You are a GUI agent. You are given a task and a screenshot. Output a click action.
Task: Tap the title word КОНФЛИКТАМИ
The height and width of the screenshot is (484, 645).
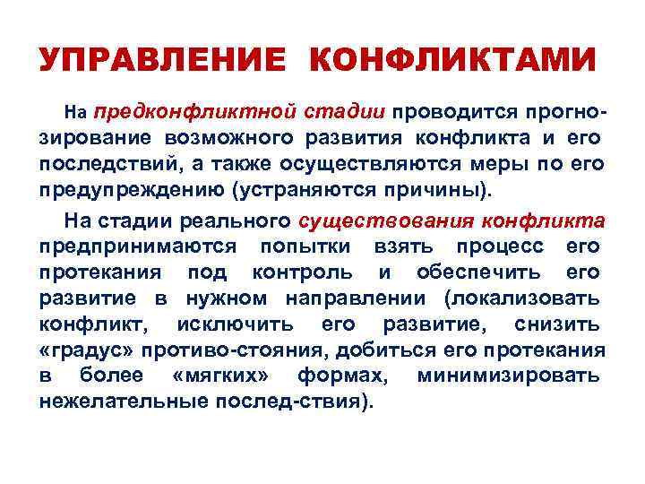(x=451, y=62)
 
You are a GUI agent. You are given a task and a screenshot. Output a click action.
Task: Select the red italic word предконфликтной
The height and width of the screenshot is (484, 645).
(x=196, y=112)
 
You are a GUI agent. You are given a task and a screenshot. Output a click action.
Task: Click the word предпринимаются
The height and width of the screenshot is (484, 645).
(x=138, y=246)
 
